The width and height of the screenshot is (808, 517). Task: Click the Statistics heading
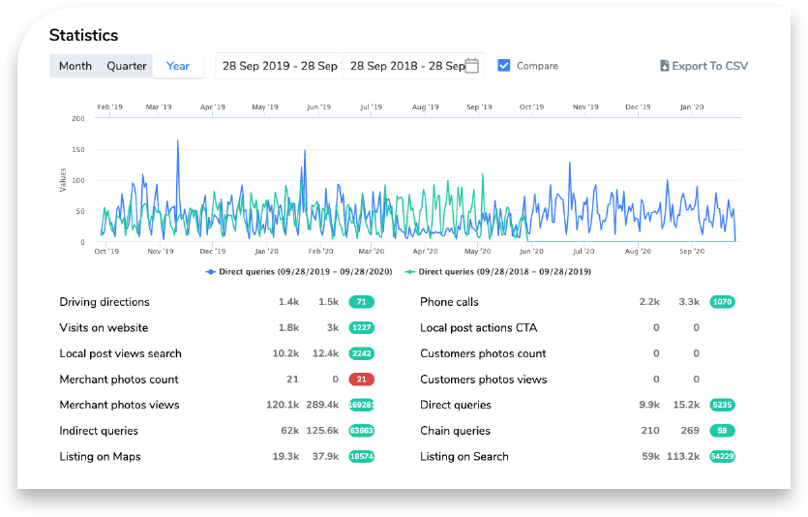click(83, 35)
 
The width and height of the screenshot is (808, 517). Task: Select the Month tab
click(75, 66)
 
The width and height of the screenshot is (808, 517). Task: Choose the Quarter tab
click(127, 66)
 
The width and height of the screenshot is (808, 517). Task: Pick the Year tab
click(178, 66)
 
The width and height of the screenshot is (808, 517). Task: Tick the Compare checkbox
click(503, 65)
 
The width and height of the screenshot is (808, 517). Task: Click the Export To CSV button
click(703, 66)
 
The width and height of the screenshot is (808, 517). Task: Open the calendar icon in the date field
click(472, 66)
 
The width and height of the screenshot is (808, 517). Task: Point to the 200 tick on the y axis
click(78, 118)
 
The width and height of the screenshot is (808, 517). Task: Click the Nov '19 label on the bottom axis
click(160, 251)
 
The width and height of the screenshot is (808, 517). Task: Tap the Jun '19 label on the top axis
click(318, 107)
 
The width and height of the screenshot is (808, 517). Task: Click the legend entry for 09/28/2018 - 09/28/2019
click(498, 272)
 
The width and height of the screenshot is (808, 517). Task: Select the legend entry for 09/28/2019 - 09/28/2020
click(299, 272)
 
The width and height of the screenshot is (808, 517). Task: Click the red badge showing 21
click(361, 380)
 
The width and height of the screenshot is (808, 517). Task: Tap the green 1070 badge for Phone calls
click(722, 302)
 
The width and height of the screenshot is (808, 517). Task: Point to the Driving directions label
click(105, 302)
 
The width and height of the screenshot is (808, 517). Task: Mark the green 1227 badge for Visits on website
click(361, 328)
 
